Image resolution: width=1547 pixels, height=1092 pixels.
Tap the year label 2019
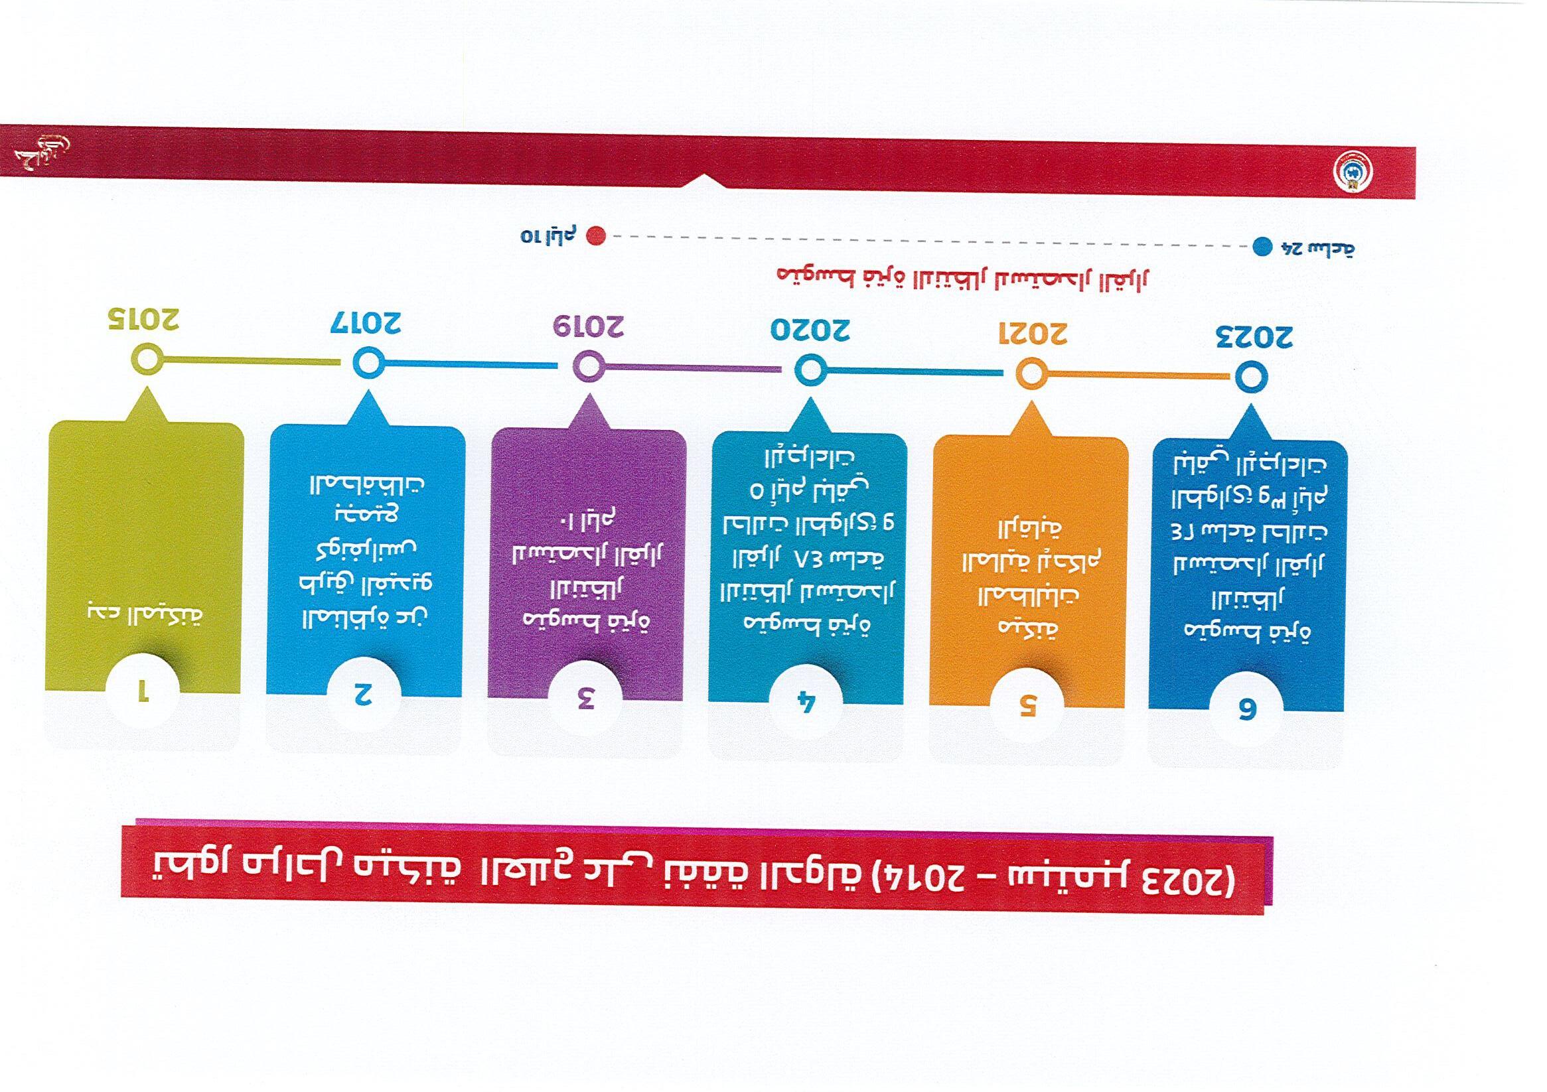588,326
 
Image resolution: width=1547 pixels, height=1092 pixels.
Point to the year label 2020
810,330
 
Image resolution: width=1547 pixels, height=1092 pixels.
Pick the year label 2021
1032,334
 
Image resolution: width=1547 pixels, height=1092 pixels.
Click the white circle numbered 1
142,691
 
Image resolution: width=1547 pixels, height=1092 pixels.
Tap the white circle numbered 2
364,694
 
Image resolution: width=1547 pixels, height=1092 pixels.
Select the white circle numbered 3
585,699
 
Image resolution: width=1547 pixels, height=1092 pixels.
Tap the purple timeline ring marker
589,367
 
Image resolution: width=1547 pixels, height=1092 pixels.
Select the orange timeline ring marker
1031,374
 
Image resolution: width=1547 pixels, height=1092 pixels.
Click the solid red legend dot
595,236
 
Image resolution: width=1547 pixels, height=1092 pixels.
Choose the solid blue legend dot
1262,247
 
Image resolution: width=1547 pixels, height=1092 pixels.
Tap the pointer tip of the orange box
1031,406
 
